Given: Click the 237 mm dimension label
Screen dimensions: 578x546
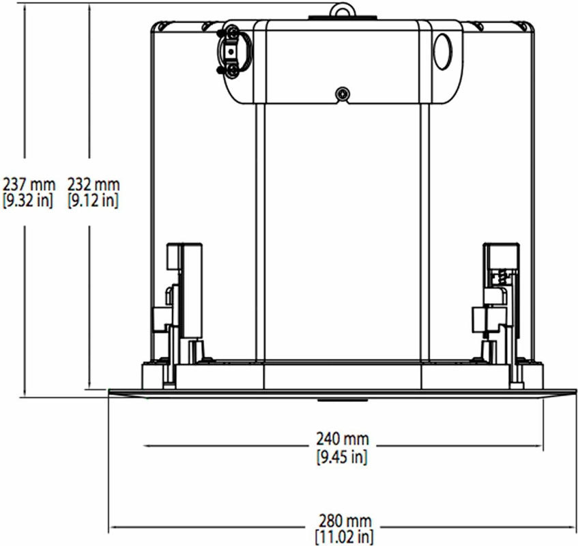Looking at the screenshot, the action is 29,184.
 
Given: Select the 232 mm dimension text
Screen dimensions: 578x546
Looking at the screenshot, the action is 93,184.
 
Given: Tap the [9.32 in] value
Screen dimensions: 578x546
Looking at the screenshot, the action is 28,201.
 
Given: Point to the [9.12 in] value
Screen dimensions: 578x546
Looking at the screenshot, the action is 93,201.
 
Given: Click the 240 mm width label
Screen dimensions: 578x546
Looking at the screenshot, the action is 343,439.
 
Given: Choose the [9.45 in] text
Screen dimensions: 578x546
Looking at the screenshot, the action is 342,457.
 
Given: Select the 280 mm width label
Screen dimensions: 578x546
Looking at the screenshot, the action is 345,521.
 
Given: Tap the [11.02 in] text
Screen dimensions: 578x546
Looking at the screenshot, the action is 345,536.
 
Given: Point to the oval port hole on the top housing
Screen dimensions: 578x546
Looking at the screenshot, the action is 442,51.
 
